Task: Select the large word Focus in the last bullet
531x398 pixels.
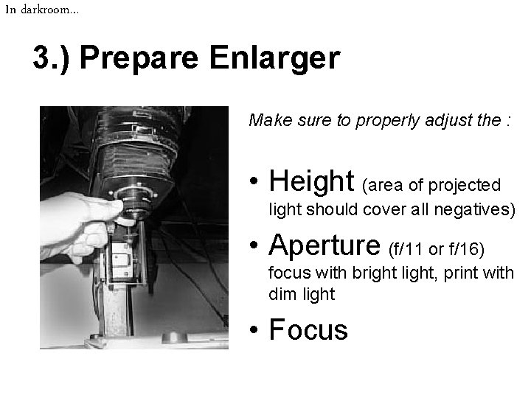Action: point(308,329)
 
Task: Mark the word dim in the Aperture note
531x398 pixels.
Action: point(280,294)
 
